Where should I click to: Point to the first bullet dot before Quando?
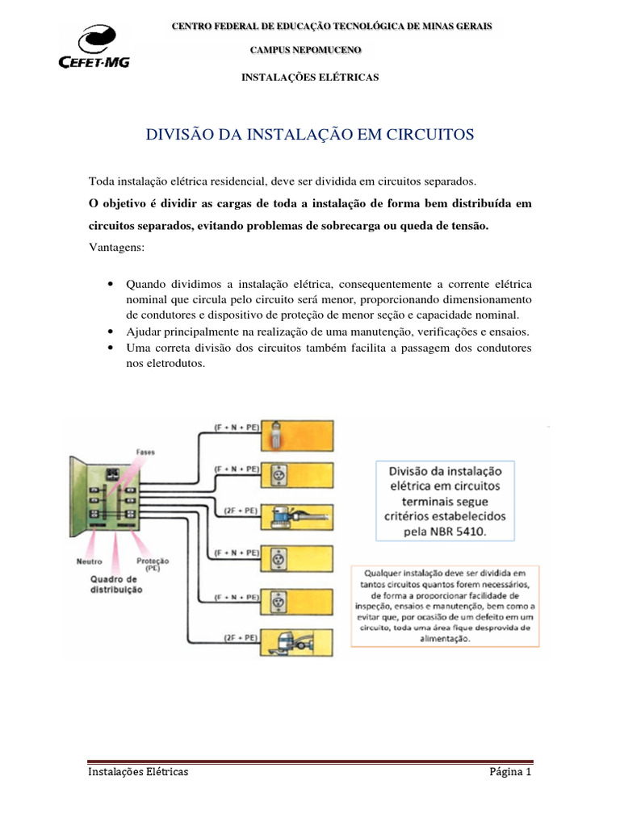click(x=109, y=286)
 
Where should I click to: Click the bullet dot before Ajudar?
click(x=109, y=332)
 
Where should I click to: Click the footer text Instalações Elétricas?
click(x=138, y=772)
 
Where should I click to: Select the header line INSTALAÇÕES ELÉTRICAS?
click(x=311, y=77)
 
